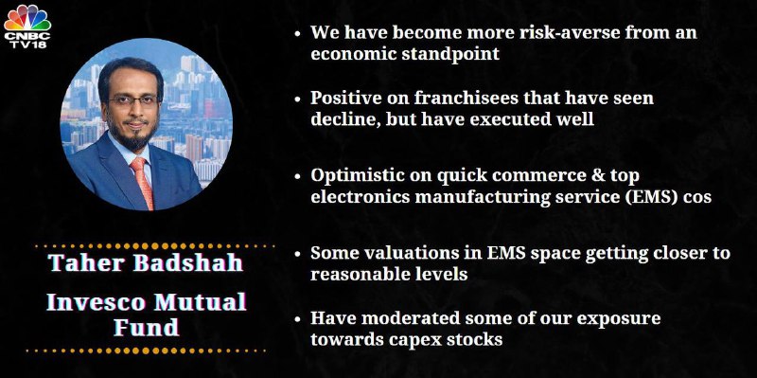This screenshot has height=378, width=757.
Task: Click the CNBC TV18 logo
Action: tap(27, 26)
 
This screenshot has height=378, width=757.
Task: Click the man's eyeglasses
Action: tap(133, 100)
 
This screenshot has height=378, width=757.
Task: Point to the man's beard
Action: tap(132, 134)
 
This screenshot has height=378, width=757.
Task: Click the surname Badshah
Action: tap(187, 262)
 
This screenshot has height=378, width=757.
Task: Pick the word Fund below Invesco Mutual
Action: tap(146, 327)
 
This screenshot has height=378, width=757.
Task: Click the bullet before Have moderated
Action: tap(299, 319)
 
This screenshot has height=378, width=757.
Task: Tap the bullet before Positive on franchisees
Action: tap(299, 99)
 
